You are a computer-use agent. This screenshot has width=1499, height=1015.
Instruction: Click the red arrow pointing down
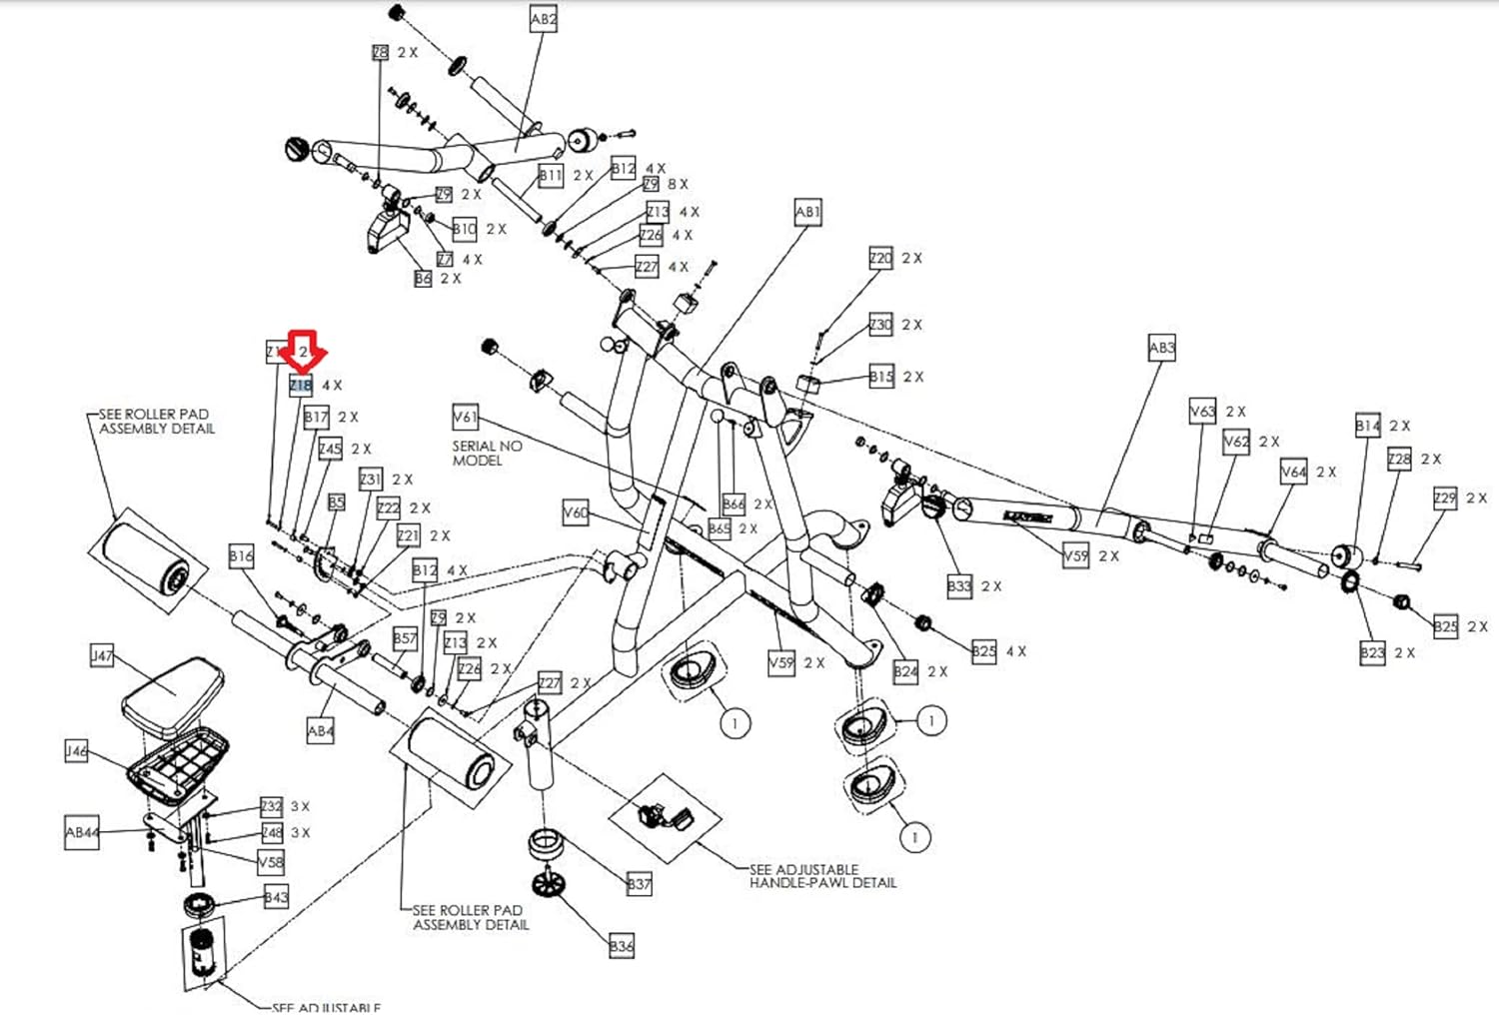[x=302, y=350]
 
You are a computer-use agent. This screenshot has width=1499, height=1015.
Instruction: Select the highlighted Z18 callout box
[x=300, y=385]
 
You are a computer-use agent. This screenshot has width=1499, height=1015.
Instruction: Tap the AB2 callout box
[x=543, y=19]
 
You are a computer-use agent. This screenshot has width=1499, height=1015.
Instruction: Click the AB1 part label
[x=807, y=213]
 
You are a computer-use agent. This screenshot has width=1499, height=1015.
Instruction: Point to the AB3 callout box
[x=1161, y=349]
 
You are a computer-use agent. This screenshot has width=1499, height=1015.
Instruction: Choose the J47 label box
[x=102, y=656]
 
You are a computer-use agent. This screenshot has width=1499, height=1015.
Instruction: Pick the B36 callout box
[x=621, y=945]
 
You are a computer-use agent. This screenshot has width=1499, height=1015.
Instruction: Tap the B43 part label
[x=276, y=897]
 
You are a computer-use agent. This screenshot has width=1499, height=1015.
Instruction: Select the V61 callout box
[x=465, y=417]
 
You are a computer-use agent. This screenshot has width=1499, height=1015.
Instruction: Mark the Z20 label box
[x=880, y=258]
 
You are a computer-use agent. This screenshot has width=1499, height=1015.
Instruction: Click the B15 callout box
[x=880, y=377]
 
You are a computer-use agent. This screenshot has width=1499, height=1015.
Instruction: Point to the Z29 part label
[x=1445, y=498]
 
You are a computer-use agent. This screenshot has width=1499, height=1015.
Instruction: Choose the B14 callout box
[x=1367, y=426]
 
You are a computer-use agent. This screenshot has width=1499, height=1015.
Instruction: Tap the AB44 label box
[x=82, y=832]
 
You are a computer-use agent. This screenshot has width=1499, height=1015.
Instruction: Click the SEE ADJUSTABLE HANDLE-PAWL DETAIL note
[x=822, y=876]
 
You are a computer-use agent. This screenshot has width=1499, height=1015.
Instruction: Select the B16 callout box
[x=241, y=556]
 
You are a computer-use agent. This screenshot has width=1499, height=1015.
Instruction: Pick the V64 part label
[x=1293, y=472]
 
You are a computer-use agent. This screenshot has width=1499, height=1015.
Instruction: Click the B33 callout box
[x=958, y=586]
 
